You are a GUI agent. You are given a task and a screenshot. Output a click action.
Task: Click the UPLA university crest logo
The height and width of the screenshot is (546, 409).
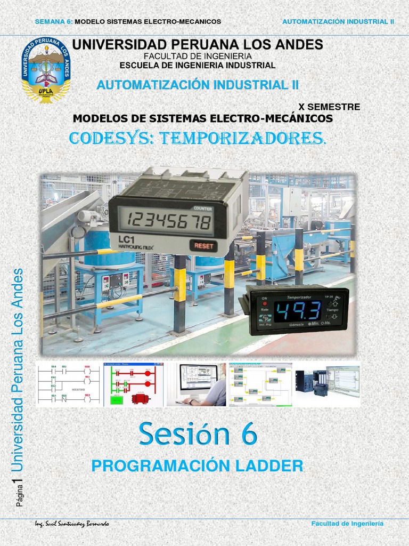(46, 69)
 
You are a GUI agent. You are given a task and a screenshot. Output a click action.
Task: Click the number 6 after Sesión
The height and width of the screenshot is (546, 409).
(248, 434)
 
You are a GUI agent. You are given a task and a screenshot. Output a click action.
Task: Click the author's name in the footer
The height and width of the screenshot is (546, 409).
(72, 524)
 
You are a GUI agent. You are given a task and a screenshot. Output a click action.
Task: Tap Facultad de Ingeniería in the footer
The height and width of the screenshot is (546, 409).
(347, 524)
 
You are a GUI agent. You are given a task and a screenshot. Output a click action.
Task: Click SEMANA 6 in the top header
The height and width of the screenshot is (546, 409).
(53, 21)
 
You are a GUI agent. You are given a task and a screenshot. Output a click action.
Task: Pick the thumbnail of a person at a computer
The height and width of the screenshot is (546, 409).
(196, 384)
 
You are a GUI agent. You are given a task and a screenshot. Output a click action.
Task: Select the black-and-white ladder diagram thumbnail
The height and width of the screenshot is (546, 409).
(68, 384)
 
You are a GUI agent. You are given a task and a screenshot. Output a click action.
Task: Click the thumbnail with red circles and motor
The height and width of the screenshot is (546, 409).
(133, 384)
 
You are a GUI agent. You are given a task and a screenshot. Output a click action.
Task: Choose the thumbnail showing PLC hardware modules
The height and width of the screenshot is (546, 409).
(328, 384)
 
